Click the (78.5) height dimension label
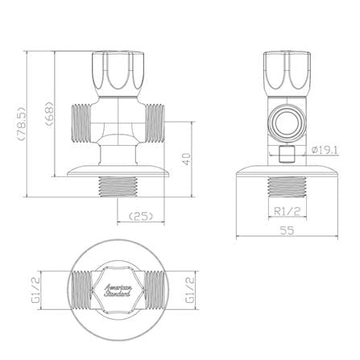click(x=21, y=123)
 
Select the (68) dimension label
click(x=50, y=114)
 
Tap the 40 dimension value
click(x=186, y=159)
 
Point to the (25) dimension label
click(x=141, y=216)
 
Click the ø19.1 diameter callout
click(x=325, y=150)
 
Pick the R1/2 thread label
click(x=288, y=211)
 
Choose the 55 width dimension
click(x=287, y=230)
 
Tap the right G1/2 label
click(x=190, y=290)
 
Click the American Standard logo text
click(x=118, y=291)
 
